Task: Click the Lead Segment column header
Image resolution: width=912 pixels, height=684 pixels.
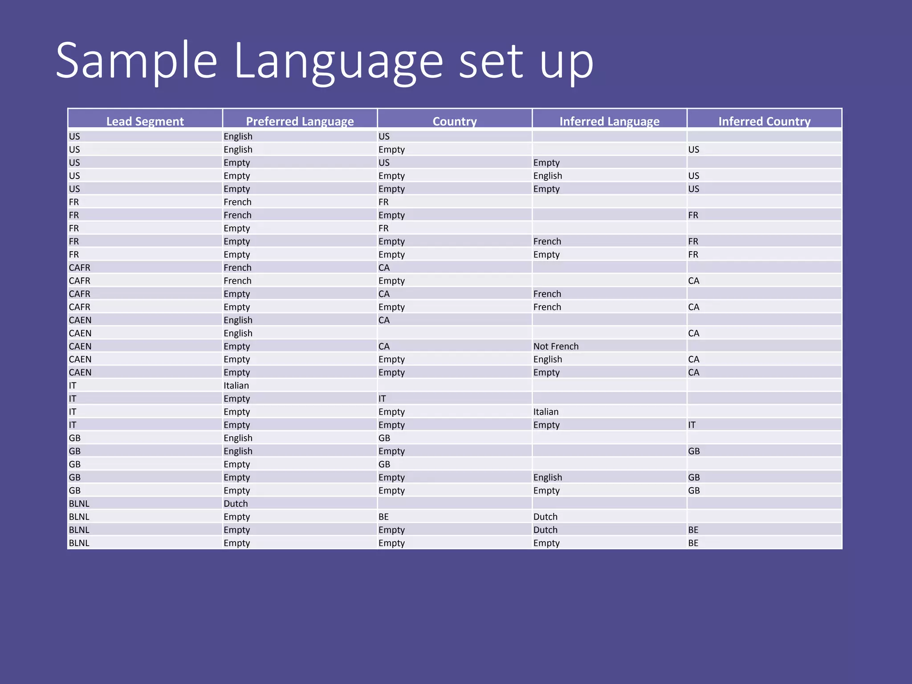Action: (x=145, y=121)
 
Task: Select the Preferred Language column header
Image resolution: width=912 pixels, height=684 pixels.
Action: (x=300, y=121)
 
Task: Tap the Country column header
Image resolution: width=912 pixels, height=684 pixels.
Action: (x=455, y=121)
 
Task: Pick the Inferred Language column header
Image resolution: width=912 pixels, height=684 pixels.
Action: (x=609, y=121)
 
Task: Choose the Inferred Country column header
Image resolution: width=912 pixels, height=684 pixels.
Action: (x=764, y=121)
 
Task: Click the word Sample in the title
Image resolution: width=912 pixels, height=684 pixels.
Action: (x=136, y=61)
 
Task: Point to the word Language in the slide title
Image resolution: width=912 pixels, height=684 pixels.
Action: (x=338, y=61)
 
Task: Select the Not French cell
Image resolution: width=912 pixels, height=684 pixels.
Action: (x=556, y=346)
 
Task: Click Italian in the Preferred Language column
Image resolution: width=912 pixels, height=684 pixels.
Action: (x=236, y=386)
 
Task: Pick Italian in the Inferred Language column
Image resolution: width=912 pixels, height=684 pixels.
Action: (x=546, y=412)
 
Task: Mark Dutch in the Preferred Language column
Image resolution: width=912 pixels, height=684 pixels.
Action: (x=236, y=504)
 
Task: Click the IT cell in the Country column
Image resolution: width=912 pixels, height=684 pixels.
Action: (x=382, y=399)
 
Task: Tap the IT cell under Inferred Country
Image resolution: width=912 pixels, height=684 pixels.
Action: (x=692, y=425)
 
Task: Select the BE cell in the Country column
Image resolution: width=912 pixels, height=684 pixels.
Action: (x=383, y=517)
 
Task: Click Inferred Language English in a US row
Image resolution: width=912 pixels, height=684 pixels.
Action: (x=548, y=176)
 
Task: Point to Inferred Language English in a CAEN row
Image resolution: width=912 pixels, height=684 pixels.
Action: (x=548, y=359)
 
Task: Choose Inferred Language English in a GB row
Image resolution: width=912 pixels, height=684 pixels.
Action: (x=548, y=477)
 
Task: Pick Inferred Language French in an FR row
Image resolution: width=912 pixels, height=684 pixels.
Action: (x=547, y=241)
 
